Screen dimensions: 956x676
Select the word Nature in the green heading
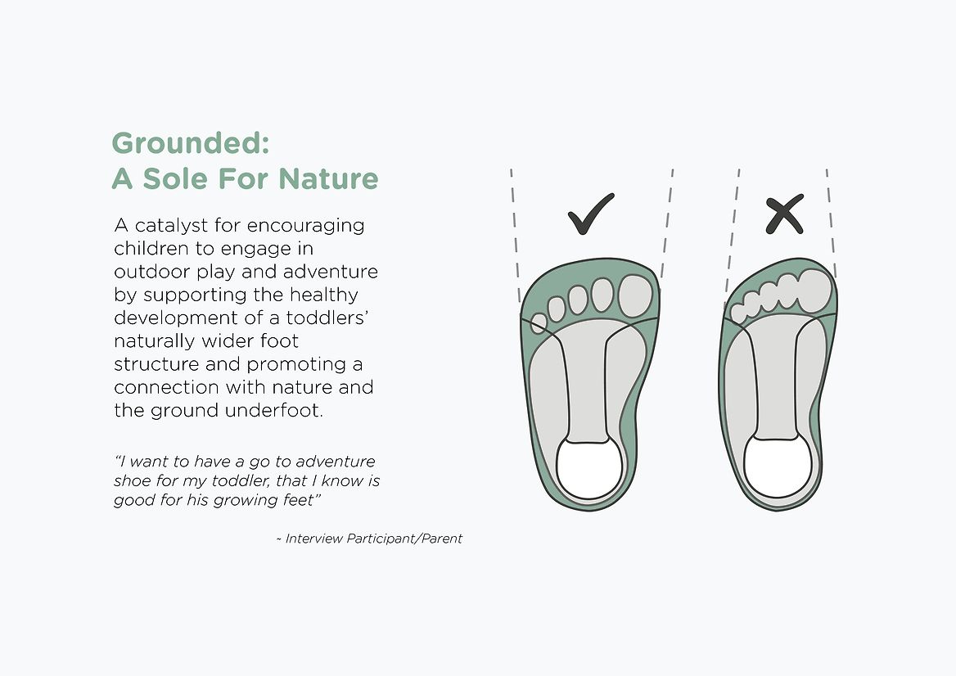[x=329, y=178]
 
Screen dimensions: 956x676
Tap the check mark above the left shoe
[x=591, y=214]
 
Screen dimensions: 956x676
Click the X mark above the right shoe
[x=785, y=214]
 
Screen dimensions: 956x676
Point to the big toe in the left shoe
[x=635, y=295]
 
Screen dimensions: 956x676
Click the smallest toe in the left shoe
[x=538, y=323]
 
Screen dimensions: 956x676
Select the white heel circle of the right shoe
[x=778, y=466]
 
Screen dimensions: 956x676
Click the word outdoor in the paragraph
[x=151, y=272]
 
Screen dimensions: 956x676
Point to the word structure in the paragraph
[x=156, y=364]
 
